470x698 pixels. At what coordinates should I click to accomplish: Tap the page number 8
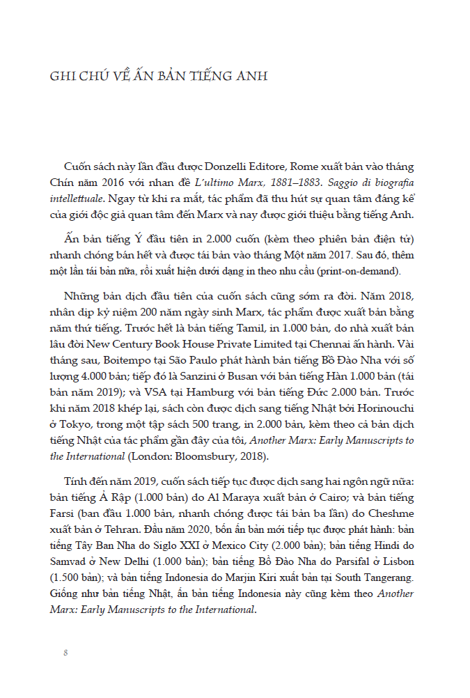coord(65,653)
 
